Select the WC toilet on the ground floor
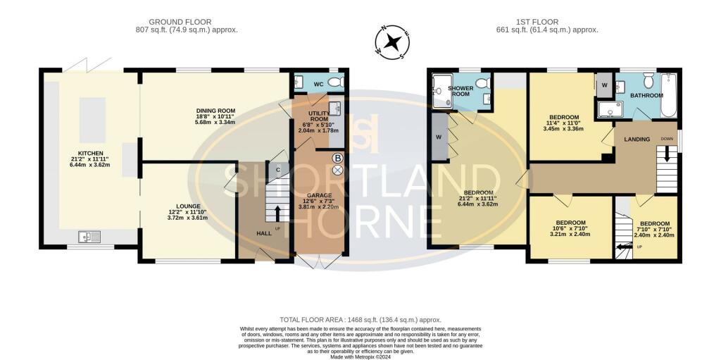click(335, 83)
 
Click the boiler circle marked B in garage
click(337, 158)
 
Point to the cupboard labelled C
click(278, 169)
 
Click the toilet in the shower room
click(482, 84)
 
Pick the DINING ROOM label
click(216, 111)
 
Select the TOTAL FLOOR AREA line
click(360, 320)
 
